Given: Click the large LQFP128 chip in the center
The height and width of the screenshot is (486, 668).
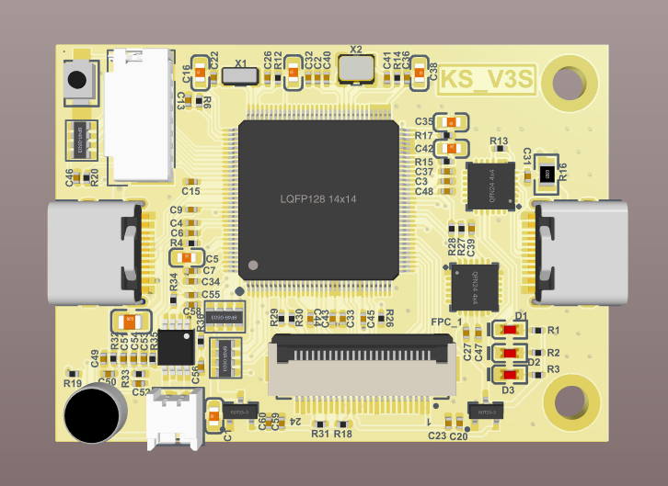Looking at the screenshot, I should tap(318, 199).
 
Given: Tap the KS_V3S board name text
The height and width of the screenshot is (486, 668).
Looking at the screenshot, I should tap(486, 81).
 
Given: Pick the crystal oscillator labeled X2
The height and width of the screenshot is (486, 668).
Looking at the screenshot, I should tap(356, 67).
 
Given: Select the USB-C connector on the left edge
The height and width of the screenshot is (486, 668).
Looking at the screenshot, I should tap(92, 253).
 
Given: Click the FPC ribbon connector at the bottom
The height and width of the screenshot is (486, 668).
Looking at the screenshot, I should tap(361, 362).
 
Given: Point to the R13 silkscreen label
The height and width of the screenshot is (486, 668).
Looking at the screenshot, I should tap(500, 141).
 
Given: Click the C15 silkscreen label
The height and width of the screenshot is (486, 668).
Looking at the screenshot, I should tap(190, 191).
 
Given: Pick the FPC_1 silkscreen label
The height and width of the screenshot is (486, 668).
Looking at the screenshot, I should tap(446, 322).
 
